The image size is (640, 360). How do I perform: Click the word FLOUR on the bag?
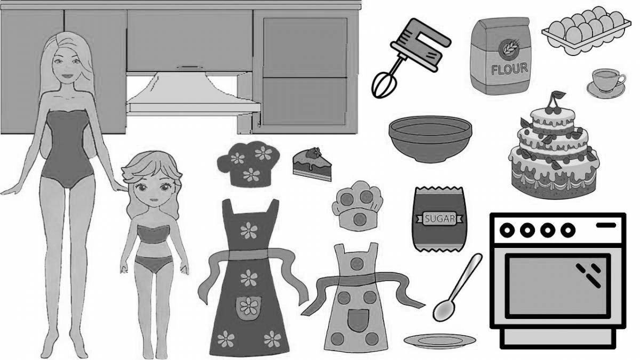tap(509, 69)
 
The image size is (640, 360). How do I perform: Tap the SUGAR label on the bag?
tap(439, 219)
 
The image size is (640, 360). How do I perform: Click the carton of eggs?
tap(586, 30)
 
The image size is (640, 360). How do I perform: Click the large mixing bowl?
tap(430, 139)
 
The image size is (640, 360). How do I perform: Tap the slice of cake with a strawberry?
tap(312, 164)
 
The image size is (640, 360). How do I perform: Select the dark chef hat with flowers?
tap(249, 164)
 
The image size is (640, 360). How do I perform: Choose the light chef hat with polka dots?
tap(357, 206)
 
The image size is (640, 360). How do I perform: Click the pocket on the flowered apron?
tap(248, 308)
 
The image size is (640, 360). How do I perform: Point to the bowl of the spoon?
tap(444, 310)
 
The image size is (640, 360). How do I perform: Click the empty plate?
tap(439, 341)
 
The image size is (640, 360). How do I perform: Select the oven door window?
tap(557, 286)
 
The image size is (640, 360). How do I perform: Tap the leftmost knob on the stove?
tap(507, 230)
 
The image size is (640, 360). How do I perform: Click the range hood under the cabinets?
tap(194, 93)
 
